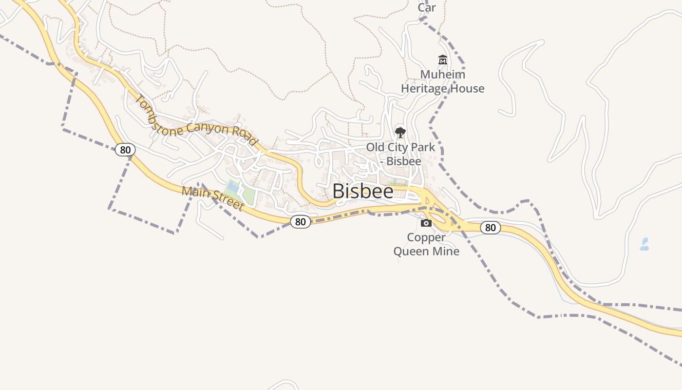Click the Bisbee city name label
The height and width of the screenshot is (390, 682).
(x=363, y=191)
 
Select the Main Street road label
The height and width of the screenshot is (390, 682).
(x=212, y=198)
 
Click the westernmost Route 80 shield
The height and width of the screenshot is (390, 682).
(x=125, y=150)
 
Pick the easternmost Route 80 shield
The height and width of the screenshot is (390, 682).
(x=490, y=227)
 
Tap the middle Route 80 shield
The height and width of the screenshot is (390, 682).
(x=301, y=222)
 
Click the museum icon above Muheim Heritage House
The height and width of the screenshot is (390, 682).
(x=442, y=60)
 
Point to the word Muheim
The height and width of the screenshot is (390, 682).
(x=442, y=75)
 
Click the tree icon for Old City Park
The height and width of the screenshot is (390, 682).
(x=400, y=132)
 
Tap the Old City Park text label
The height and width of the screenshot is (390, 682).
(x=400, y=147)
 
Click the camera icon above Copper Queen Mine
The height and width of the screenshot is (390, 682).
(x=426, y=223)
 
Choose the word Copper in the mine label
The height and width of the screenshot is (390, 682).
(x=426, y=237)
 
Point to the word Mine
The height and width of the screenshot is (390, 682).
(x=447, y=252)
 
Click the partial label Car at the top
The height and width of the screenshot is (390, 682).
(x=427, y=7)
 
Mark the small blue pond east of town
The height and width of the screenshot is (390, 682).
(x=644, y=244)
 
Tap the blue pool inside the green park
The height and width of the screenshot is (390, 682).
(x=233, y=186)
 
